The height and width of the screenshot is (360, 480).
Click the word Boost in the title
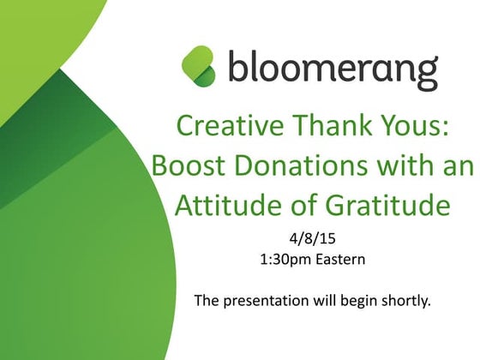pyautogui.click(x=183, y=165)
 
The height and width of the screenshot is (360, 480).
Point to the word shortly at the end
pyautogui.click(x=402, y=301)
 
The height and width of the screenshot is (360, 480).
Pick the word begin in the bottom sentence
pyautogui.click(x=357, y=301)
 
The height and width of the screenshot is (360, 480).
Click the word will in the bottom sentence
pyautogui.click(x=321, y=301)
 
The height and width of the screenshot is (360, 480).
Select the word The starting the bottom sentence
pyautogui.click(x=207, y=301)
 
